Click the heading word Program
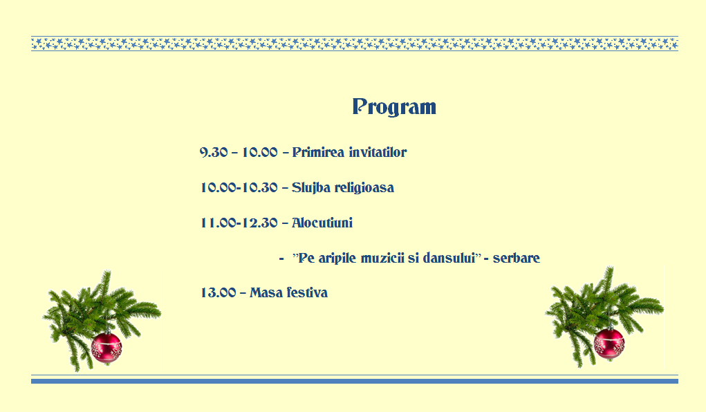pyautogui.click(x=394, y=107)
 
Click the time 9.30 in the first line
pyautogui.click(x=214, y=152)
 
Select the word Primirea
pyautogui.click(x=318, y=152)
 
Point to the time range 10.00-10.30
pyautogui.click(x=239, y=187)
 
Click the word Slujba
pyautogui.click(x=310, y=188)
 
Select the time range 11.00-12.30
pyautogui.click(x=239, y=223)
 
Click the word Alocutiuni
pyautogui.click(x=322, y=223)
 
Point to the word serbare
pyautogui.click(x=516, y=258)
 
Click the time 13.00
pyautogui.click(x=219, y=292)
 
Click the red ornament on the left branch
pyautogui.click(x=106, y=348)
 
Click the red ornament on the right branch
pyautogui.click(x=609, y=344)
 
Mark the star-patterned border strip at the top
pyautogui.click(x=354, y=44)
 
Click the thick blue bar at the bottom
pyautogui.click(x=354, y=382)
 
